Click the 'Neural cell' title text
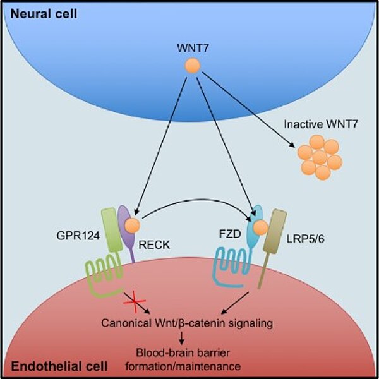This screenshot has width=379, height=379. point(42,13)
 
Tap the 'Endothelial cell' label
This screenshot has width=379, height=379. point(51,366)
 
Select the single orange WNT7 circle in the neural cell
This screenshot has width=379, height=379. point(191,66)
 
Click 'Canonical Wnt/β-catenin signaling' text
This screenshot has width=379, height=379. point(187,323)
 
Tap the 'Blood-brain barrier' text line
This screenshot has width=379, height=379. point(188,352)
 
